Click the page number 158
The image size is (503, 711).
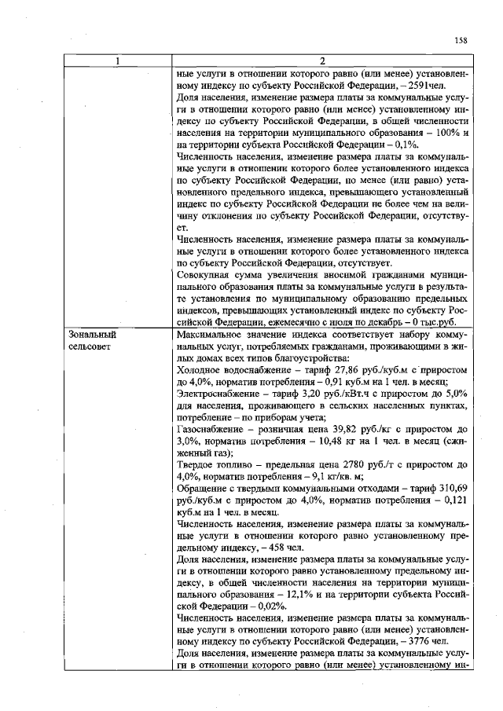point(461,40)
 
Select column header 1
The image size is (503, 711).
point(117,62)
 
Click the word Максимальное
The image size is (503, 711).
point(210,333)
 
